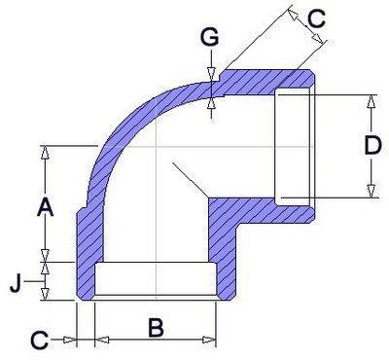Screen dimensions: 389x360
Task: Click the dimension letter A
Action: coord(45,208)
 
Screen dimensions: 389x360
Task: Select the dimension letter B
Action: coord(157,328)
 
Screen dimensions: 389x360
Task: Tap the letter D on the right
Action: coord(372,146)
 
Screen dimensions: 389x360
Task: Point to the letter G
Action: coord(209,37)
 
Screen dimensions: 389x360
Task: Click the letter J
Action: coord(16,284)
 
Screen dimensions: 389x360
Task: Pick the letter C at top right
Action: coord(316,19)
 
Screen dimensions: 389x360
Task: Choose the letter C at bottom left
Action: coord(40,341)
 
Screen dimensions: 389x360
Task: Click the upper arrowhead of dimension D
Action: coord(371,101)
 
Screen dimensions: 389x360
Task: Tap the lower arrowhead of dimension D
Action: coord(371,192)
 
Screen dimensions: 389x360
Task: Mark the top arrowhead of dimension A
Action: coord(45,152)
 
